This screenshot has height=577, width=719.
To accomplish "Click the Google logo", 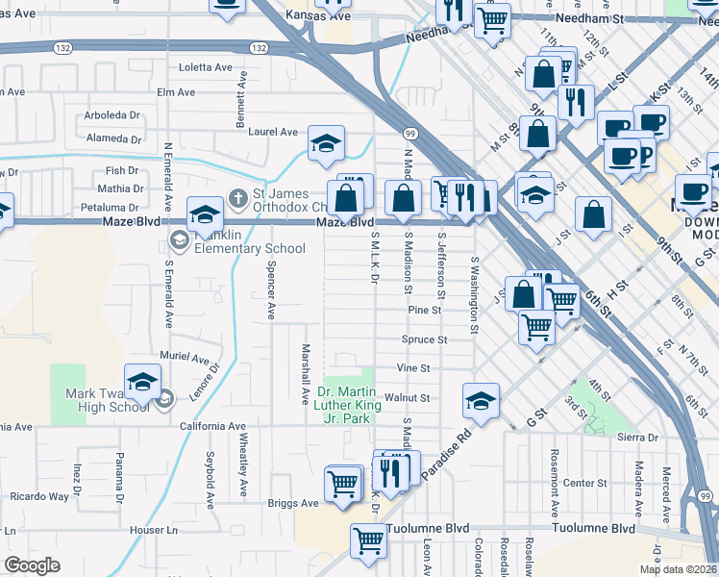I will [32, 565].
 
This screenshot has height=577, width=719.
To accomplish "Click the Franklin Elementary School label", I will [249, 240].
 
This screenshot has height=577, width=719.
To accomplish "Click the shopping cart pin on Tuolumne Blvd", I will [368, 541].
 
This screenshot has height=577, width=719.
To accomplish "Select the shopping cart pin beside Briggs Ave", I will [343, 483].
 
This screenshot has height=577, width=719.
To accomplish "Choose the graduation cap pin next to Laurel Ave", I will [326, 144].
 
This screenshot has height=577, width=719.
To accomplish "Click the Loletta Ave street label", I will [207, 67].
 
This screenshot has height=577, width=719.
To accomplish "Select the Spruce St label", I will [424, 339].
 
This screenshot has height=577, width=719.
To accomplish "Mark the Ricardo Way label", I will [39, 497].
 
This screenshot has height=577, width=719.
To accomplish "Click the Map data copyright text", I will [678, 569].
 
